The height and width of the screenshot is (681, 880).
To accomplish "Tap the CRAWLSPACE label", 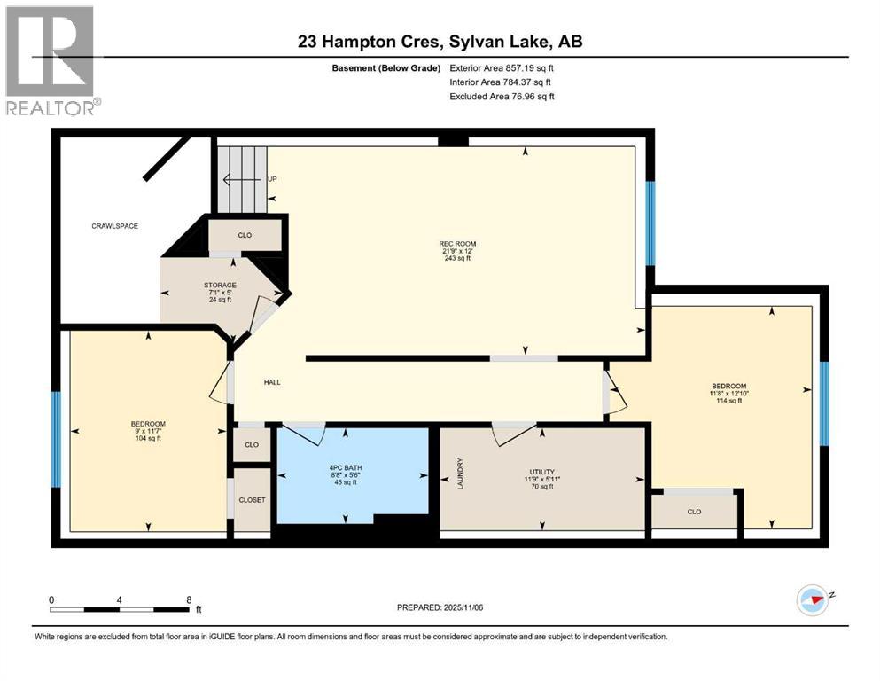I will pos(115,226).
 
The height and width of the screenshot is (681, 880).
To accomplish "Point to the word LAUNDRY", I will pos(460,474).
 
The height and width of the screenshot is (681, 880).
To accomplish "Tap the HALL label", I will pos(272,382).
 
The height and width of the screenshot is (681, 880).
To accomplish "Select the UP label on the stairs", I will pos(273,179).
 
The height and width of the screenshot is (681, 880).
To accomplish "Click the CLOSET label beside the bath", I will pos(252,500).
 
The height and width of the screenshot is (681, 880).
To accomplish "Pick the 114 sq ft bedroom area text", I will pos(722,401).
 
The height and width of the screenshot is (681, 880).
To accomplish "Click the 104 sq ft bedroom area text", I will pos(148,438).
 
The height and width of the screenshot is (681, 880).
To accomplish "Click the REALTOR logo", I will pos(51,60).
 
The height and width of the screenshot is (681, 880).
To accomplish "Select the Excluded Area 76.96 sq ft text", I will pos(502,96).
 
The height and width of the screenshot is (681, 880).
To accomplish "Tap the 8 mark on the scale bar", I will pos(189,599).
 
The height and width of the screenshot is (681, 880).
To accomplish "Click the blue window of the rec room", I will pos(650,223).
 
